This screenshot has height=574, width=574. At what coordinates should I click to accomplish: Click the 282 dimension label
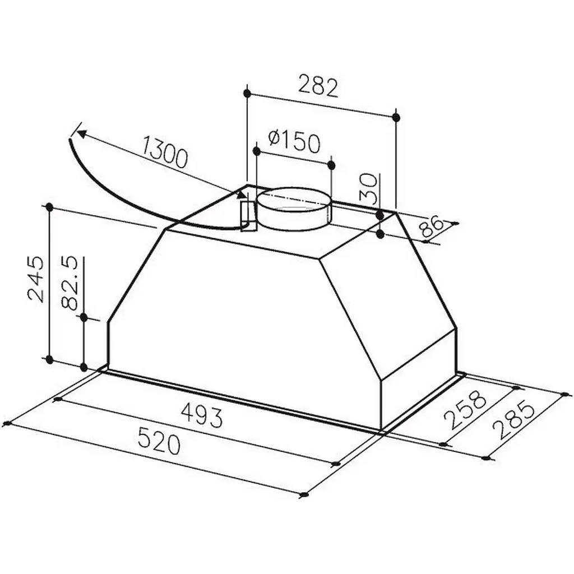[318, 86]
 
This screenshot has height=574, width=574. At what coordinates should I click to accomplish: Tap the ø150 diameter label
[294, 141]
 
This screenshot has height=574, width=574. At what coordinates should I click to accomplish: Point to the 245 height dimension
[36, 279]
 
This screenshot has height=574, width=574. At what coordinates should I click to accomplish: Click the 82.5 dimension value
[70, 283]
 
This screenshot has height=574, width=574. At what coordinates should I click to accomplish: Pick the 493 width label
[202, 416]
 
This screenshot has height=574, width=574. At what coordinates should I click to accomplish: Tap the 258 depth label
[465, 410]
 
